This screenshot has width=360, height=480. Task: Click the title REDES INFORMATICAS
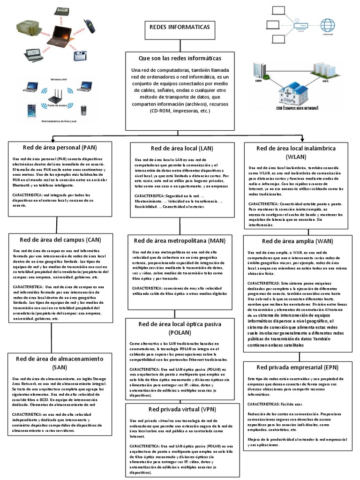[180, 27]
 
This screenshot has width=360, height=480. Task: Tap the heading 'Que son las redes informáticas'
[180, 58]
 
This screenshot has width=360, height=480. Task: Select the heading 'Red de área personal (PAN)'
[60, 147]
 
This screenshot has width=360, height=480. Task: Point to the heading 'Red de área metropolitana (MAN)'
[180, 241]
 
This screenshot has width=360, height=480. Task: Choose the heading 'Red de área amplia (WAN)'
[298, 241]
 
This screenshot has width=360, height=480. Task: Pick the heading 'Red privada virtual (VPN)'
[180, 409]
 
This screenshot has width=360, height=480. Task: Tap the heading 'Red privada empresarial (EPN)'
[298, 367]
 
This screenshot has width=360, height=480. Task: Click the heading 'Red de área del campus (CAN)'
[60, 240]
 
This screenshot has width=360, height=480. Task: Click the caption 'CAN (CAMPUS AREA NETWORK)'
[297, 108]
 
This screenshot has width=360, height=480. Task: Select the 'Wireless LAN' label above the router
[59, 80]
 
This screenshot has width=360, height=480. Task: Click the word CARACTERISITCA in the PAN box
[28, 194]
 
